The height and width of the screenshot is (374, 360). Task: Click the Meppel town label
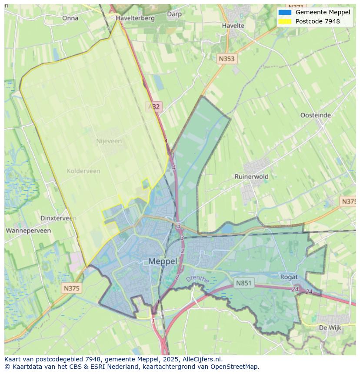[x=163, y=261]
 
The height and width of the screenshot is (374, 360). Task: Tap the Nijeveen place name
[x=109, y=141]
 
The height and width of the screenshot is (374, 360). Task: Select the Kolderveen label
[x=83, y=171]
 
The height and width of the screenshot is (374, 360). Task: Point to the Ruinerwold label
[x=251, y=176]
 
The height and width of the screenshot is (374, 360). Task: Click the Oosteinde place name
[x=316, y=115]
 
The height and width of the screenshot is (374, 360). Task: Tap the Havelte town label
[x=233, y=26]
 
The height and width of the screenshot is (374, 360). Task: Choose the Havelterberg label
[x=135, y=18]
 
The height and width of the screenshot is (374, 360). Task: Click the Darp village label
[x=174, y=14]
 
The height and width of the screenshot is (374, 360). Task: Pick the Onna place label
[x=70, y=18]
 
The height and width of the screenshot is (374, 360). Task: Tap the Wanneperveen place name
[x=28, y=231]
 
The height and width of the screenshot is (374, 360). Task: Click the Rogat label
[x=289, y=277]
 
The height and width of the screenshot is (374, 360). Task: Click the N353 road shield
[x=227, y=59]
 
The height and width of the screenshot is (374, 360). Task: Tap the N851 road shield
[x=243, y=283]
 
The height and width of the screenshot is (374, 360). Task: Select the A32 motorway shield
[x=153, y=106]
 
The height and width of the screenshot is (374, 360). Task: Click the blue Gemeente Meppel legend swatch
[x=285, y=12]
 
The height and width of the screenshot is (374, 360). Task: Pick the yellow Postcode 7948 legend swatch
[x=285, y=21]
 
